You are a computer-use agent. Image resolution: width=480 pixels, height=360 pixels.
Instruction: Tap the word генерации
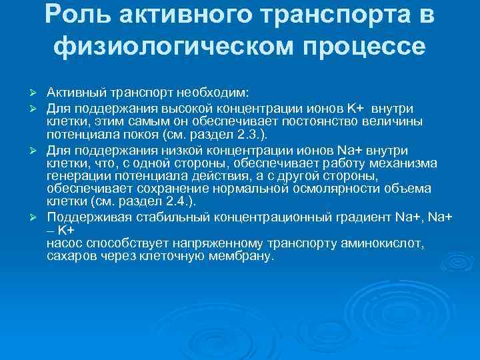(75, 176)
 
